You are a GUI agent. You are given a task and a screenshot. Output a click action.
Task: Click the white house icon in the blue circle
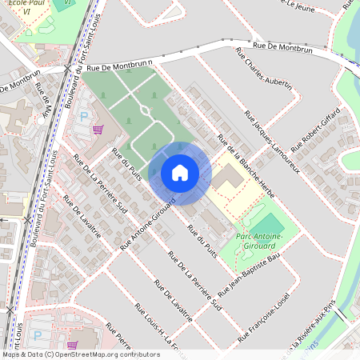pyautogui.click(x=180, y=173)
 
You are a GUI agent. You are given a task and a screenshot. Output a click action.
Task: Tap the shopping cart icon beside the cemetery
pyautogui.click(x=98, y=130)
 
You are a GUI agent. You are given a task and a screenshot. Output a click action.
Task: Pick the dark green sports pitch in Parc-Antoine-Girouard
pyautogui.click(x=271, y=224)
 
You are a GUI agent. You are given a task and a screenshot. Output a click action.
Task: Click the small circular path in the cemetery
pyautogui.click(x=145, y=109)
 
